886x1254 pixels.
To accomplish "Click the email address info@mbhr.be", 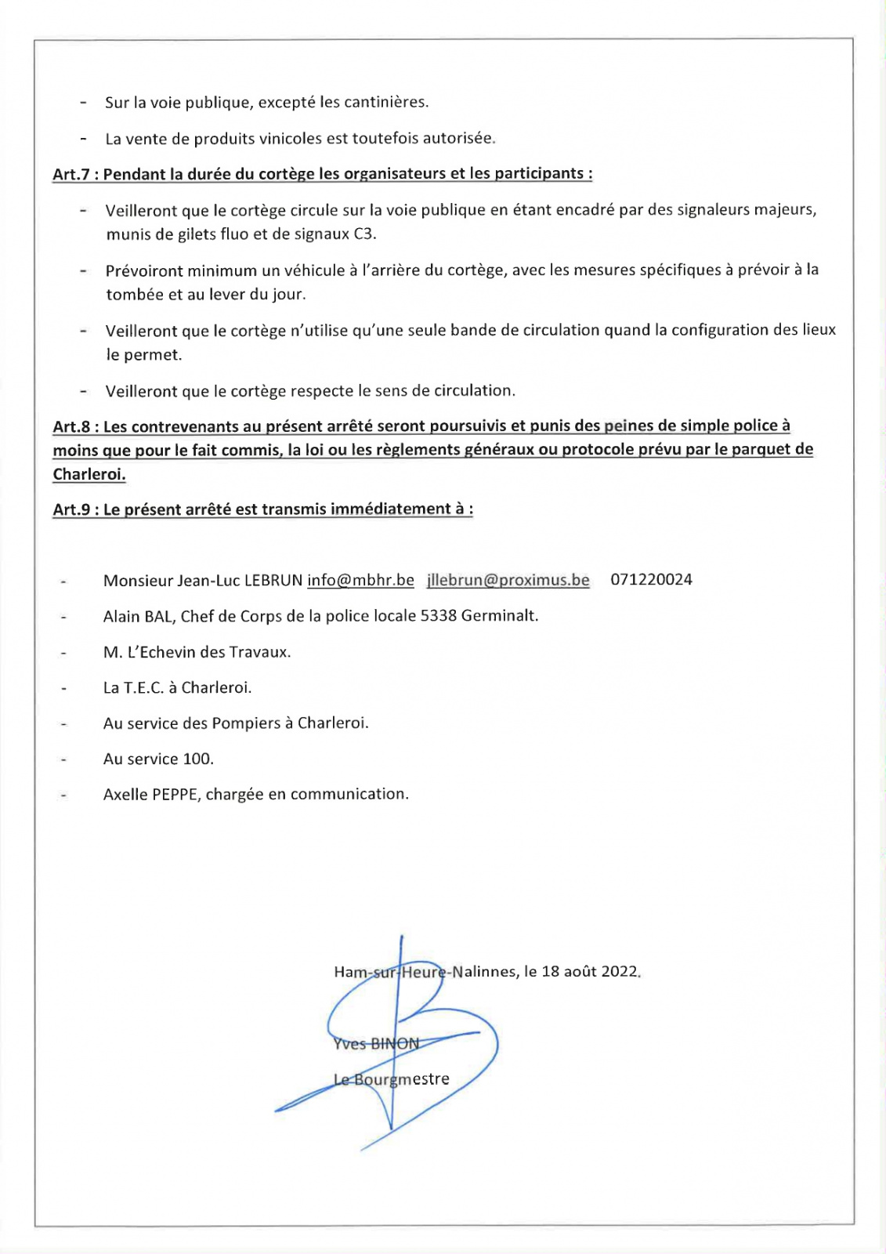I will click(x=360, y=581).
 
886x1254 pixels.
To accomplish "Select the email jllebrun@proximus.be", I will click(x=508, y=581).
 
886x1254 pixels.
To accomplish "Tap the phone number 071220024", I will click(x=651, y=580).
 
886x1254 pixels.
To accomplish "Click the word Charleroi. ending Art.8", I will click(x=89, y=475).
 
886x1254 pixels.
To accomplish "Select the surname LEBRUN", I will click(x=273, y=581).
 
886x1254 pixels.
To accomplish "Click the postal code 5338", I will click(x=439, y=616).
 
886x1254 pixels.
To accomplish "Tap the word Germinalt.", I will click(x=500, y=616).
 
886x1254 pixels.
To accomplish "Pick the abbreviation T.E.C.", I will click(x=144, y=688).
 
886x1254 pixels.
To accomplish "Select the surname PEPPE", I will click(x=175, y=795).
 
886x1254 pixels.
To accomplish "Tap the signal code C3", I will click(x=364, y=234).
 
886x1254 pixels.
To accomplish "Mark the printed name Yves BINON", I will click(x=377, y=1044).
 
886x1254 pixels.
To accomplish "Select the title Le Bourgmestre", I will click(x=392, y=1079).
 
